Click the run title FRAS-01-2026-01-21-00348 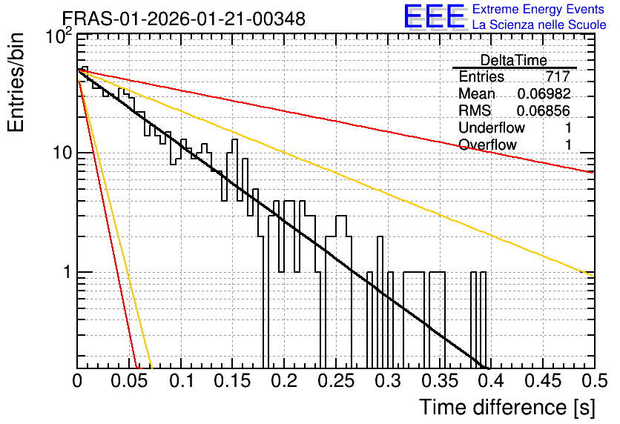tap(184, 19)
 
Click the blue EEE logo tap(435, 16)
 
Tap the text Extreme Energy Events tap(538, 9)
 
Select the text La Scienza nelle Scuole tap(539, 25)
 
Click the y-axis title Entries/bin tap(16, 82)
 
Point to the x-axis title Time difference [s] tap(507, 407)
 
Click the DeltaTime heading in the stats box tap(513, 60)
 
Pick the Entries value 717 tap(558, 76)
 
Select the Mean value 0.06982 tap(544, 93)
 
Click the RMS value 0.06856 tap(544, 110)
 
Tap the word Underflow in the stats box tap(492, 127)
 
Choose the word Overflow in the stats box tap(487, 145)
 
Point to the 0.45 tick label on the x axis tap(543, 381)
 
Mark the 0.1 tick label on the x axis tap(182, 381)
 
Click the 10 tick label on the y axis tap(62, 153)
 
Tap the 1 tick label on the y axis tap(67, 272)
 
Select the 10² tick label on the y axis tap(59, 37)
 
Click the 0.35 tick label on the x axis tap(440, 381)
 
